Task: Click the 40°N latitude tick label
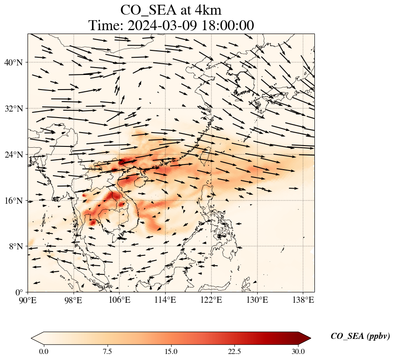(x=12, y=62)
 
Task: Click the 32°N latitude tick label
(x=12, y=109)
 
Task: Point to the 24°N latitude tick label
(x=12, y=155)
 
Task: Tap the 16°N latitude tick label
(x=12, y=201)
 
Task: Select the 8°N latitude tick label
(x=14, y=246)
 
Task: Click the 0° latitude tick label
(x=18, y=292)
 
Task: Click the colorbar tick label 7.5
(x=107, y=351)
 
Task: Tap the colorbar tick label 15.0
(x=171, y=351)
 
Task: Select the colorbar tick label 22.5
(x=234, y=351)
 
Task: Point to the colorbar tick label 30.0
(x=298, y=351)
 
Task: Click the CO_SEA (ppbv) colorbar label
(x=360, y=337)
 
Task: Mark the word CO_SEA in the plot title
(x=148, y=10)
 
